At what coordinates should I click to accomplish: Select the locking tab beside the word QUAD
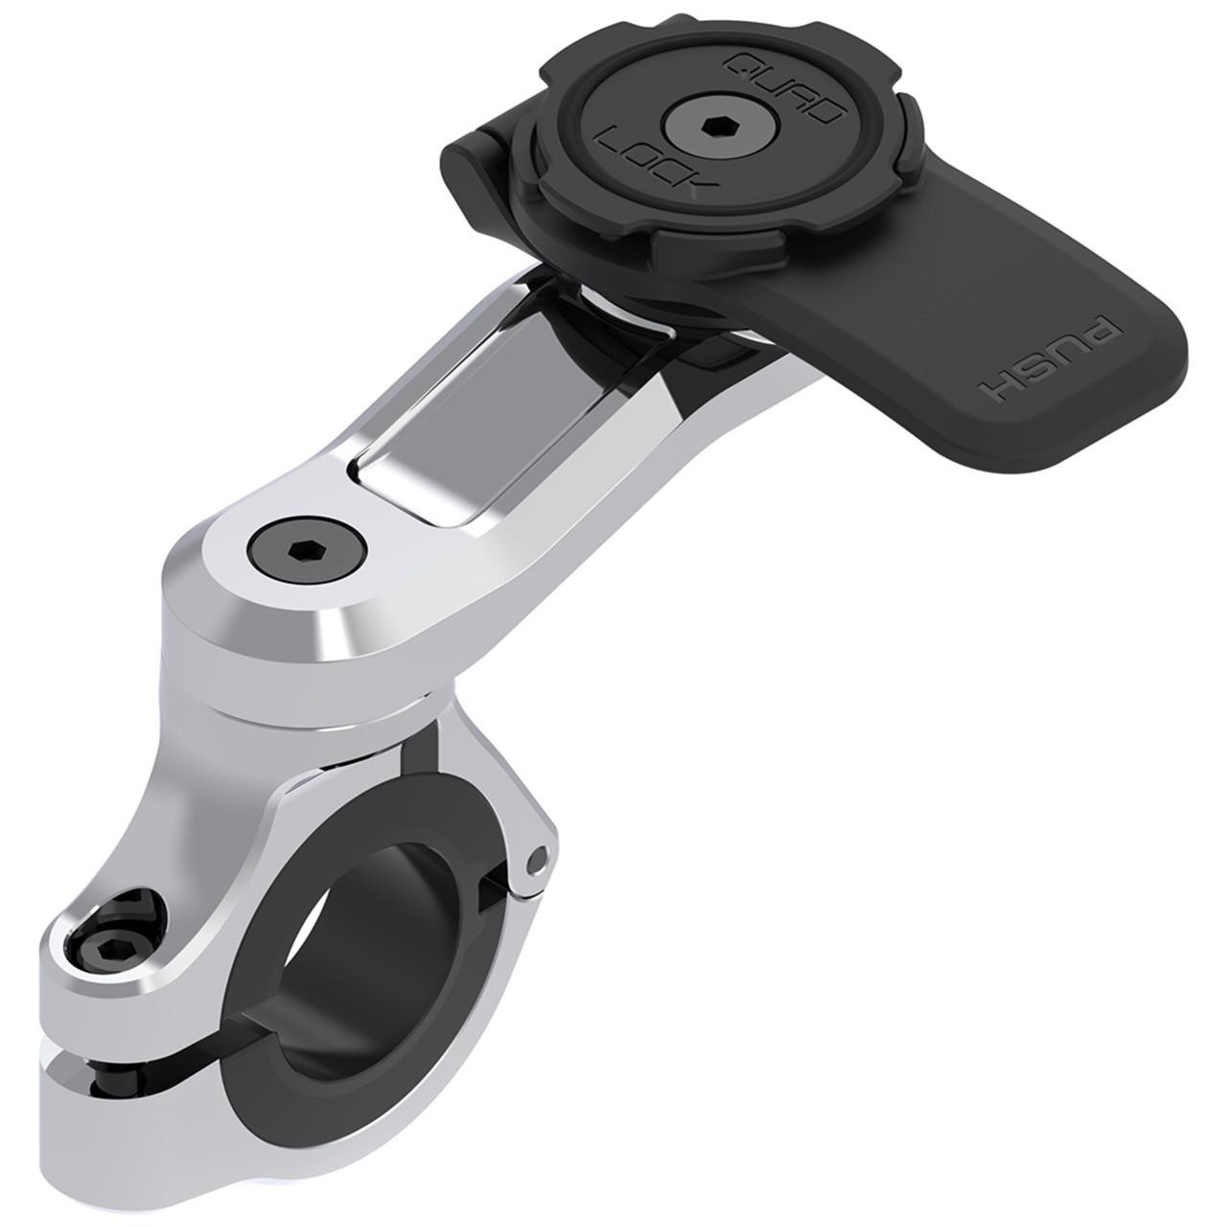pyautogui.click(x=862, y=116)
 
